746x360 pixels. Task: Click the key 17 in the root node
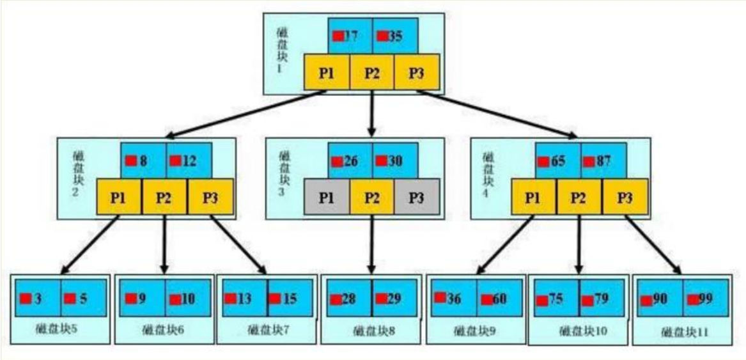pyautogui.click(x=350, y=36)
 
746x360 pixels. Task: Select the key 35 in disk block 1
pyautogui.click(x=395, y=36)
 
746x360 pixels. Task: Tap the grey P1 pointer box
pyautogui.click(x=327, y=197)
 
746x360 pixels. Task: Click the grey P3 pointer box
pyautogui.click(x=416, y=197)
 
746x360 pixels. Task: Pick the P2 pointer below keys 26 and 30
pyautogui.click(x=371, y=197)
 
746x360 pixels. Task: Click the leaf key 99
pyautogui.click(x=705, y=299)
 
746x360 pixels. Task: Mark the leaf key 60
pyautogui.click(x=499, y=299)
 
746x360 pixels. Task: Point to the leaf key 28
pyautogui.click(x=349, y=299)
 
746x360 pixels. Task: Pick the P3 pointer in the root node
pyautogui.click(x=416, y=72)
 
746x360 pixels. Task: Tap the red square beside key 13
pyautogui.click(x=231, y=299)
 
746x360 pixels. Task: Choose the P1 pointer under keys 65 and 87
pyautogui.click(x=533, y=197)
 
